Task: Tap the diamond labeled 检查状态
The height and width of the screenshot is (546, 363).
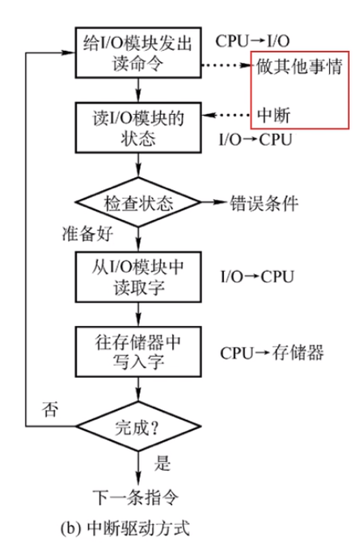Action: point(137,201)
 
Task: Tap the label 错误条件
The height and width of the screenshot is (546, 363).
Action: point(264,202)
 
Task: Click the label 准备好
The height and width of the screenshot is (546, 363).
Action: point(86,234)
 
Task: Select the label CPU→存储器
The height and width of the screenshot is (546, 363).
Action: point(272,353)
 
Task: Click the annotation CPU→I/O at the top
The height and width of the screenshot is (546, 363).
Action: point(252,40)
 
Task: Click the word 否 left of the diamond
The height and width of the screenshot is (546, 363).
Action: point(51,409)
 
